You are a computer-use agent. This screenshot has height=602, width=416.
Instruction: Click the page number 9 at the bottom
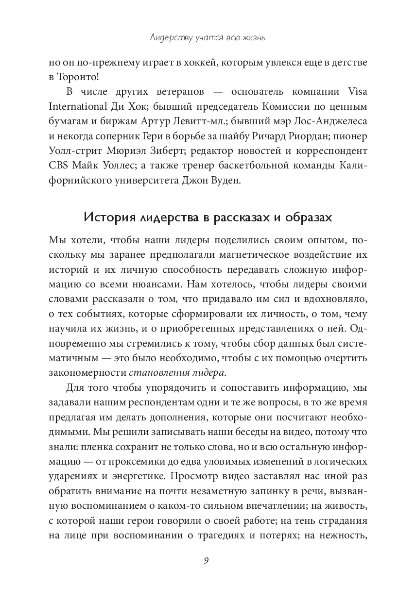(x=207, y=560)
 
